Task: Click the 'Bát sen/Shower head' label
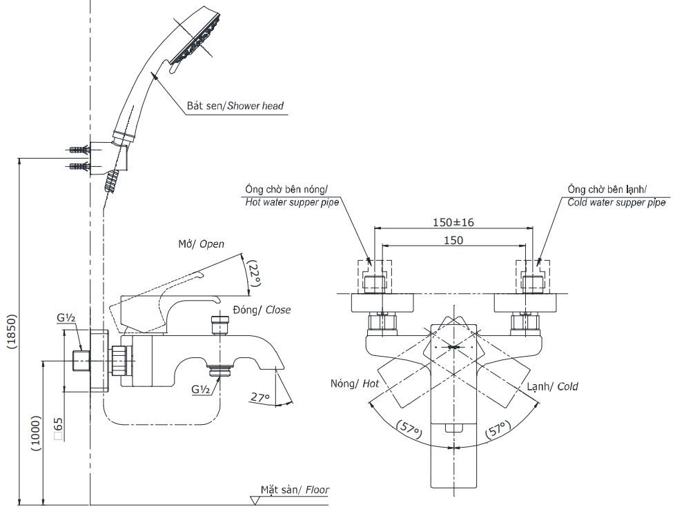pos(235,106)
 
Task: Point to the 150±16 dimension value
pos(453,223)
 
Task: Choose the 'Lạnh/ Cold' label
pos(552,386)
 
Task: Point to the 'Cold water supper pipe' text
pos(616,203)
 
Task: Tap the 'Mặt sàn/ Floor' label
pos(295,490)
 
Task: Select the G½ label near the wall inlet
pos(66,317)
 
